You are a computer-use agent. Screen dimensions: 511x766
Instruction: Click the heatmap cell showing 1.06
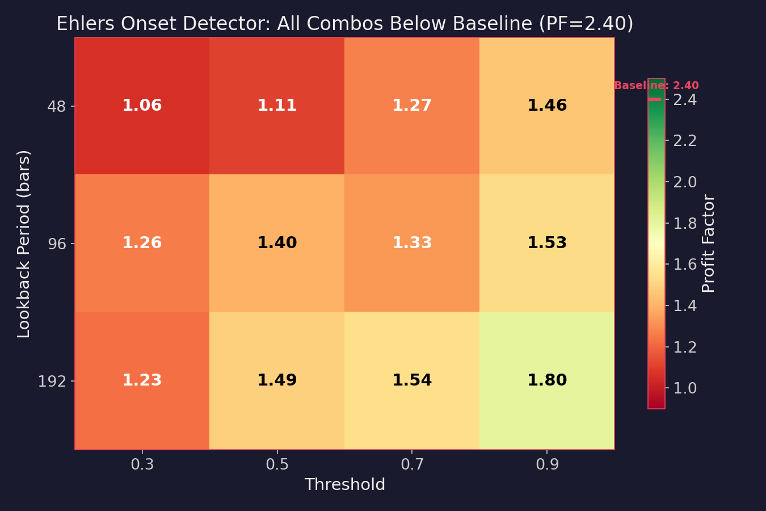(142, 106)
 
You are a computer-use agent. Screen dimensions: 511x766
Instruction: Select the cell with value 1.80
(547, 380)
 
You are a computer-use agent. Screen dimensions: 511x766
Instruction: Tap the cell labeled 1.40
(277, 243)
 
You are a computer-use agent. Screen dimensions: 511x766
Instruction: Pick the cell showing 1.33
(412, 243)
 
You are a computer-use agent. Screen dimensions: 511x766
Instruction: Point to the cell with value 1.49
(277, 380)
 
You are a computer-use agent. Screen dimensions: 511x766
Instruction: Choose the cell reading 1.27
(412, 106)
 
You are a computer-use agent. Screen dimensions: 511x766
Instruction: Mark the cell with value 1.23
(142, 380)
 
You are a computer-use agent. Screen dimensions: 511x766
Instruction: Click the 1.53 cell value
(547, 243)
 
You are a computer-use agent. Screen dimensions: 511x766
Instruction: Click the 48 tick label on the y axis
(57, 106)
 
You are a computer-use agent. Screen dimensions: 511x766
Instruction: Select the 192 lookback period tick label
(52, 381)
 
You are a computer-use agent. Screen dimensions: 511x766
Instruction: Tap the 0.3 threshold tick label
(142, 465)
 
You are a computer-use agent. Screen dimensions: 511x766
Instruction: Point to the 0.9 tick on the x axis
(547, 465)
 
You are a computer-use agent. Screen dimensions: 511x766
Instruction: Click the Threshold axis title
(344, 485)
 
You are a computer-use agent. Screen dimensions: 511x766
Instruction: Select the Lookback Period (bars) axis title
(24, 244)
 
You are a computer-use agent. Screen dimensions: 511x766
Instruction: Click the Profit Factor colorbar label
(708, 244)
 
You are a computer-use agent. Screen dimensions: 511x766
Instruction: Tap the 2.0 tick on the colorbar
(685, 182)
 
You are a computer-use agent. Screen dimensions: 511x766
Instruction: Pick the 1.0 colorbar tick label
(685, 388)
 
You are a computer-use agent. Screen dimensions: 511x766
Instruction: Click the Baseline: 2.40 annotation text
(656, 86)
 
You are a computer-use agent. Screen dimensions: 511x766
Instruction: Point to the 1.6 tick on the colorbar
(685, 265)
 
